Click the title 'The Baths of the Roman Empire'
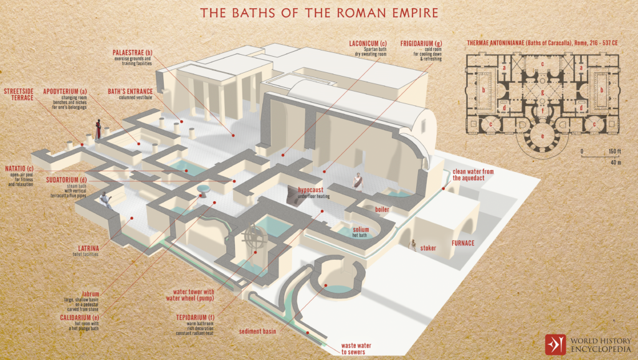tap(318, 12)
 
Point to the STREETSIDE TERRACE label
tap(18, 95)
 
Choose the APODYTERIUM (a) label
tap(65, 92)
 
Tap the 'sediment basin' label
tap(257, 332)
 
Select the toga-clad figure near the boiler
tap(358, 181)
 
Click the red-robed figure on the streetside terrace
tap(98, 128)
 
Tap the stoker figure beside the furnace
tap(412, 245)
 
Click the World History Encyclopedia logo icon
tap(555, 344)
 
